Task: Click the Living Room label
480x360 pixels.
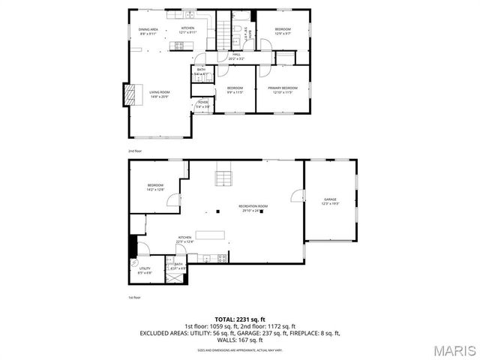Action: pos(158,93)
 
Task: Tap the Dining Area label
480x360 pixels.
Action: pos(148,31)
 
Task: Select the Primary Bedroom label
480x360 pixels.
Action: pos(283,90)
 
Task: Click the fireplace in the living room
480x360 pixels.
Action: pos(131,94)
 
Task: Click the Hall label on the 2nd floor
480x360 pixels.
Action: pos(235,55)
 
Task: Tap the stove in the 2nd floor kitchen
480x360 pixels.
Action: pos(180,46)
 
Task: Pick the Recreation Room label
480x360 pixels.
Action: pos(253,208)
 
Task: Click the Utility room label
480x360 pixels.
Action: pos(145,271)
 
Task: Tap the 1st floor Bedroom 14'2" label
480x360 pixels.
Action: pos(155,187)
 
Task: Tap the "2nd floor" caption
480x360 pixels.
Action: pos(134,151)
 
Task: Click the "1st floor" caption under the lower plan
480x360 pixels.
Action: pos(133,298)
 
